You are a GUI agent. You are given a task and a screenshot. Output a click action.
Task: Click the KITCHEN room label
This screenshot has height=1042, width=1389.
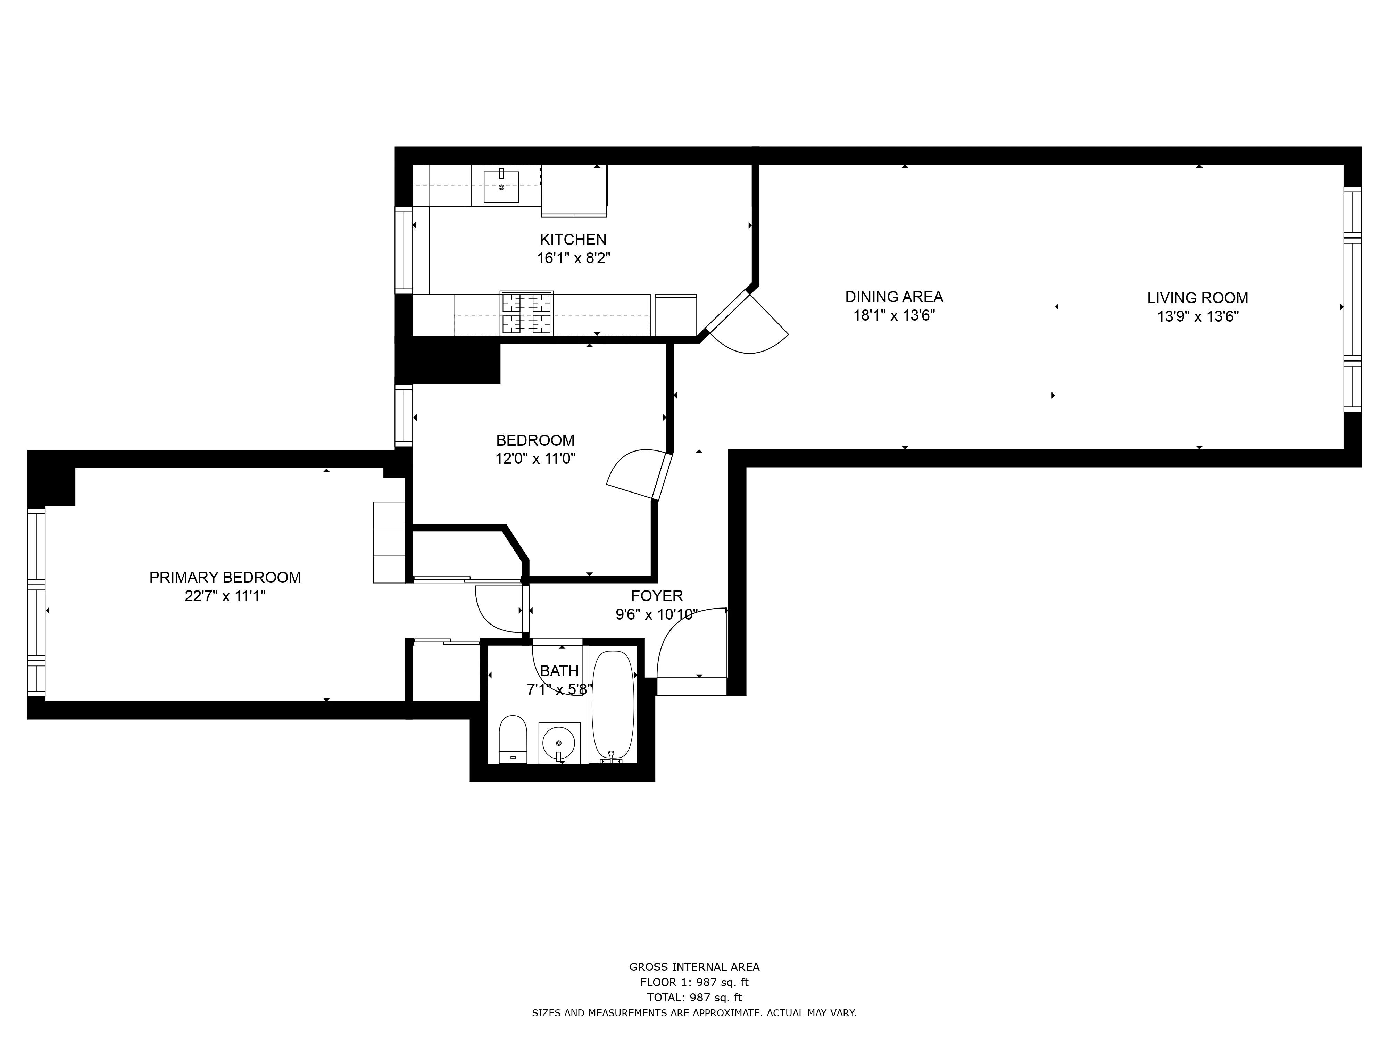573,239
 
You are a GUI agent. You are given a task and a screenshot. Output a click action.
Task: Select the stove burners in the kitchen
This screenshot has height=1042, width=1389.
526,313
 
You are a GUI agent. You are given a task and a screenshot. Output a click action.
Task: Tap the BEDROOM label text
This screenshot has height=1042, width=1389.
535,440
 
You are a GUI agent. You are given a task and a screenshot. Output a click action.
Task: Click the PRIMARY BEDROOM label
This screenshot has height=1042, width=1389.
225,577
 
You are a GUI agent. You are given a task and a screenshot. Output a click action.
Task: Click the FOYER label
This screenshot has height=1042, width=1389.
657,595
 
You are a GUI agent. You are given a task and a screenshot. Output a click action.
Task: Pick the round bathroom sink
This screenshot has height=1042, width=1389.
558,743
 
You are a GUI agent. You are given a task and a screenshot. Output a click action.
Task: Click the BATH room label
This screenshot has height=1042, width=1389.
559,671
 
